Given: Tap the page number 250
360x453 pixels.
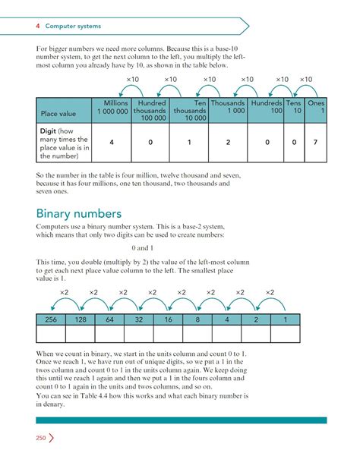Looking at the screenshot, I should tap(41, 438).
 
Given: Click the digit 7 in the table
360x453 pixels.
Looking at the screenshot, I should tap(315, 142).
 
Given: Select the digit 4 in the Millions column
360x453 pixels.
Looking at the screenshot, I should tap(111, 142).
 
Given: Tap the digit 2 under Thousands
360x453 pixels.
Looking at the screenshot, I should tap(227, 142).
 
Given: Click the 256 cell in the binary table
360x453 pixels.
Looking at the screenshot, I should tap(51, 321).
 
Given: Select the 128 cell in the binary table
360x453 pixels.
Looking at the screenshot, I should tap(81, 321).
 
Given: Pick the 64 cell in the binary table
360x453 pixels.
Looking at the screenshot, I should tap(110, 321).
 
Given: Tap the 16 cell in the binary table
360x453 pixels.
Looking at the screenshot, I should tap(169, 321).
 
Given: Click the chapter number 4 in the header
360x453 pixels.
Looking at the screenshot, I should tap(37, 26).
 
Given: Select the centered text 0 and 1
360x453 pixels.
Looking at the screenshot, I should tap(142, 248).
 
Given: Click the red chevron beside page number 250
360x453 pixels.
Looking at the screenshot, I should tap(52, 438).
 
